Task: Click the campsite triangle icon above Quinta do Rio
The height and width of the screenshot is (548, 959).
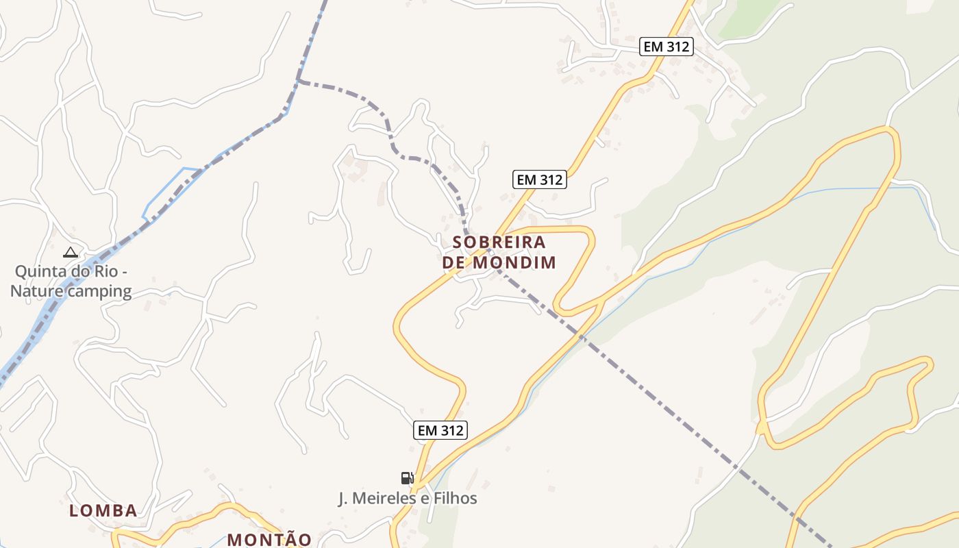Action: click(71, 252)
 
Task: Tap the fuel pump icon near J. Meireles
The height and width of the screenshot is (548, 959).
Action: click(407, 477)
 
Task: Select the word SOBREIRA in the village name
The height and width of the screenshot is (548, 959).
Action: click(499, 242)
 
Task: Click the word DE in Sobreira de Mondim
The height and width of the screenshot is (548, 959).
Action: click(453, 262)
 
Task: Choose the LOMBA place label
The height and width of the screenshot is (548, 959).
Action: click(103, 510)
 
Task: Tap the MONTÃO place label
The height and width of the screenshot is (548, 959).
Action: click(269, 539)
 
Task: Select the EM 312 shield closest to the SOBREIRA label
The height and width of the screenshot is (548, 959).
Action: click(540, 179)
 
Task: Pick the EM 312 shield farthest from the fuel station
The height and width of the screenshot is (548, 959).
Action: click(667, 47)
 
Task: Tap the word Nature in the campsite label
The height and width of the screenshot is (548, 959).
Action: click(35, 290)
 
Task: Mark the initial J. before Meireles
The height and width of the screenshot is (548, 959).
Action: click(345, 498)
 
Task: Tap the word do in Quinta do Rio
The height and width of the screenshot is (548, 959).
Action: click(78, 271)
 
